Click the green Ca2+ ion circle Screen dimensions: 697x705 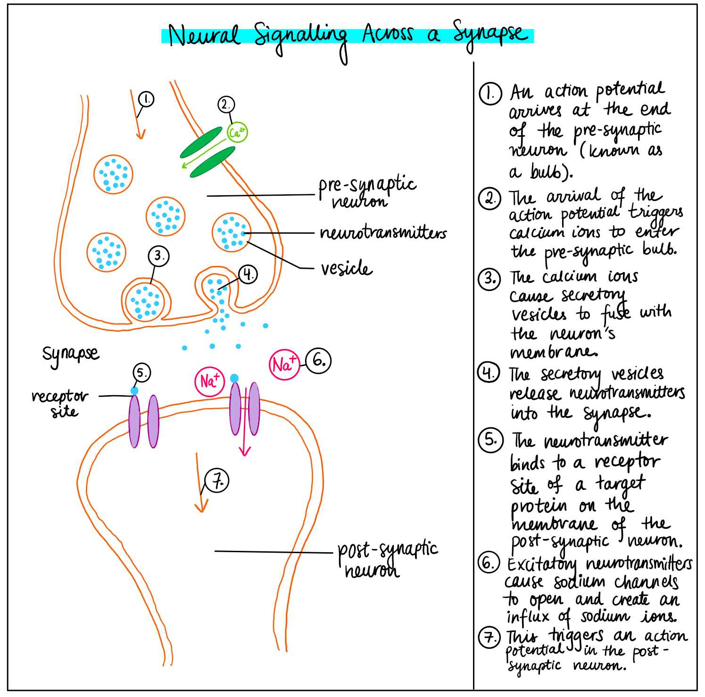coord(237,133)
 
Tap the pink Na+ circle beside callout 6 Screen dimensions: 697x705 coord(284,365)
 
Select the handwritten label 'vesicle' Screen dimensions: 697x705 coord(347,268)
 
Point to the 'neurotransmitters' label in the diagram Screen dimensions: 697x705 coord(383,232)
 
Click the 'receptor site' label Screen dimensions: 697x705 coord(60,404)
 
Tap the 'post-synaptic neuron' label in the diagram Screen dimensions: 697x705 coord(387,559)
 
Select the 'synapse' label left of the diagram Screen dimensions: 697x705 coord(71,354)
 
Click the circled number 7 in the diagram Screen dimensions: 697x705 coord(217,481)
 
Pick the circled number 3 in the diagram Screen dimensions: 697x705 coord(159,256)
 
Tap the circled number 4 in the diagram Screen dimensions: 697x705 coord(248,274)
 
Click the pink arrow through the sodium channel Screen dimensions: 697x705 coord(244,424)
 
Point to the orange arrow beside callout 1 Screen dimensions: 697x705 coord(136,116)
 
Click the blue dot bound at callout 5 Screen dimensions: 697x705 coord(135,391)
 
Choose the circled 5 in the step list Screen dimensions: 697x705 coord(490,440)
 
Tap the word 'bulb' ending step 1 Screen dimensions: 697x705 coord(549,172)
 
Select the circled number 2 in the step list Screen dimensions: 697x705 coord(490,199)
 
